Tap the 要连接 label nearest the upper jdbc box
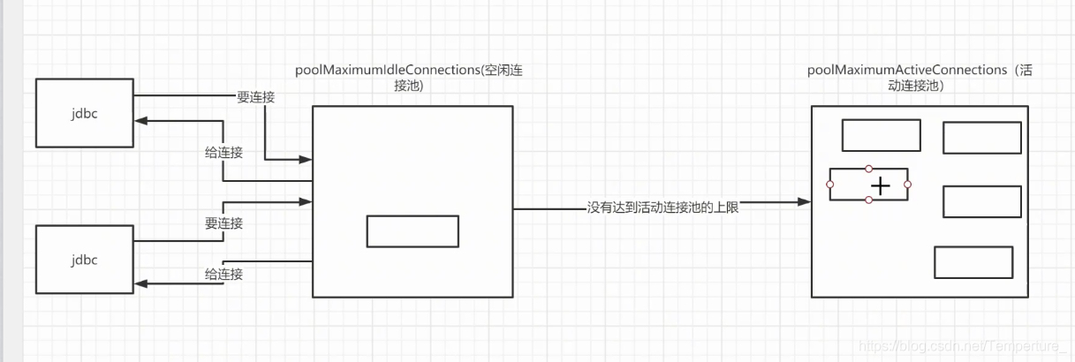click(x=256, y=97)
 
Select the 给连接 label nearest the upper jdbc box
click(x=223, y=153)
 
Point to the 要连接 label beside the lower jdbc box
click(x=223, y=223)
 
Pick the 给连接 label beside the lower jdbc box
click(x=223, y=274)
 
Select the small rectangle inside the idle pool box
click(x=413, y=231)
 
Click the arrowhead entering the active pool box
click(x=805, y=202)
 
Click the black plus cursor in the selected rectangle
click(x=881, y=185)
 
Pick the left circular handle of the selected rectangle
click(x=829, y=185)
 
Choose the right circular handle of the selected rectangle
click(x=908, y=185)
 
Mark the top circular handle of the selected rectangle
click(x=869, y=169)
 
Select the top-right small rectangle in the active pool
click(x=982, y=138)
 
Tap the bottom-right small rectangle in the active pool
click(x=973, y=262)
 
